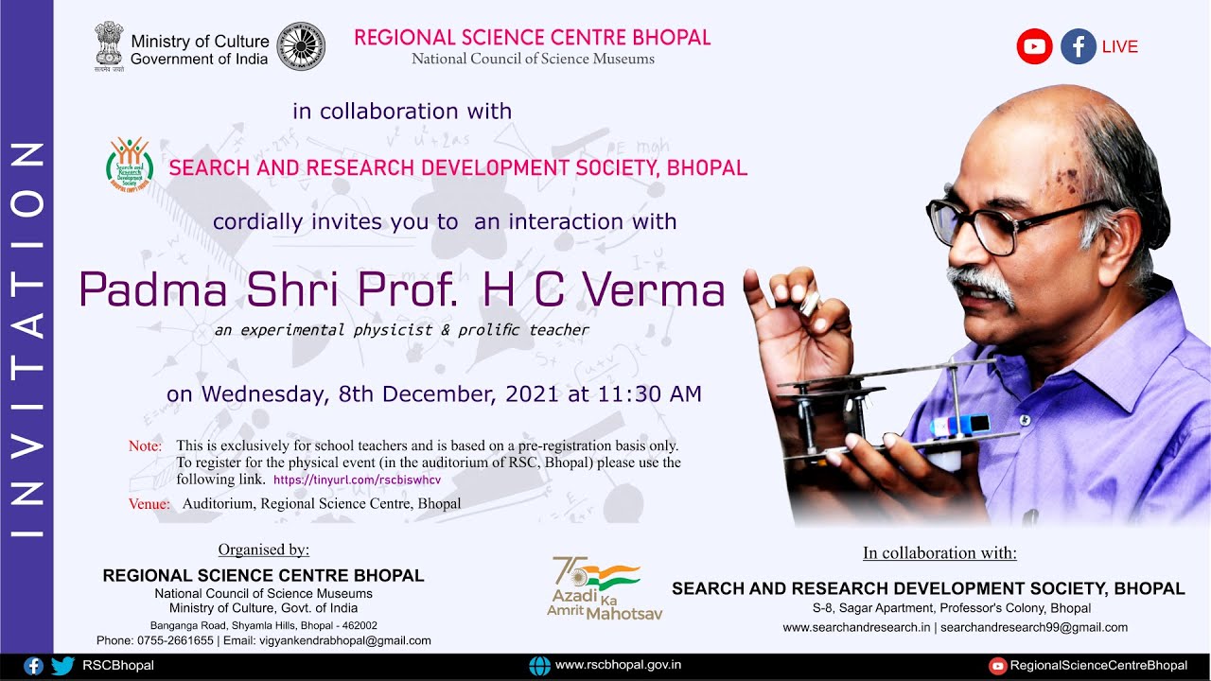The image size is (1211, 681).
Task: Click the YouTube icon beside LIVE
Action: (1034, 46)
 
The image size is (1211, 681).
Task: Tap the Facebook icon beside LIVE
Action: (1078, 46)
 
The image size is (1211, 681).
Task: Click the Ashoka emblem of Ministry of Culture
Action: (109, 44)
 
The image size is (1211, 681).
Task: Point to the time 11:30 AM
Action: (649, 393)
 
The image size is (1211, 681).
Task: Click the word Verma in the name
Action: (654, 289)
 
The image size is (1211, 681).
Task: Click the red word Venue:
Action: (149, 504)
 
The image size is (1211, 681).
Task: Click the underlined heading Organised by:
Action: (263, 550)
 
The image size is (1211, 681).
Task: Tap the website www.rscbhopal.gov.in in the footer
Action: (618, 665)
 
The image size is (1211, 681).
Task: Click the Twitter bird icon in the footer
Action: (62, 666)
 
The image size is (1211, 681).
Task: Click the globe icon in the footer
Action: (539, 666)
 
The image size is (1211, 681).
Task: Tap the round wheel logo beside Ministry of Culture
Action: (301, 47)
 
